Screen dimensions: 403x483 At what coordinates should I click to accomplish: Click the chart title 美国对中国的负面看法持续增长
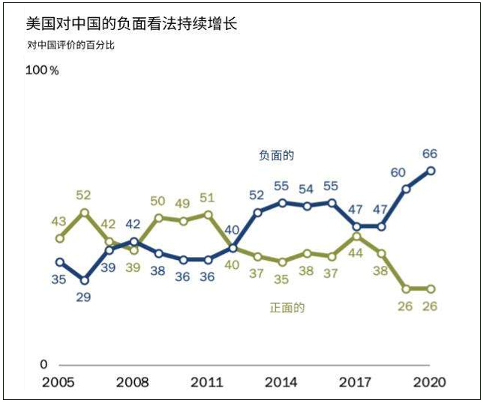[131, 24]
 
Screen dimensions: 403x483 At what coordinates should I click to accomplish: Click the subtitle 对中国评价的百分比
[71, 45]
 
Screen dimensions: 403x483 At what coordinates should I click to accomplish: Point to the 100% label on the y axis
[42, 70]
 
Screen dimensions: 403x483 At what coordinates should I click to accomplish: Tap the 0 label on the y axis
[43, 365]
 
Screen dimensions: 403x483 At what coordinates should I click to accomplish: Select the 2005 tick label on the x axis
[59, 383]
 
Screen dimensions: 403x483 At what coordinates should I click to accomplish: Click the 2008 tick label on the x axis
[133, 383]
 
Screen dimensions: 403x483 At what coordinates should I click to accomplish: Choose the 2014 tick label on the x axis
[281, 383]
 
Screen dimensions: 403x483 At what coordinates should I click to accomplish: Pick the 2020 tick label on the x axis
[430, 383]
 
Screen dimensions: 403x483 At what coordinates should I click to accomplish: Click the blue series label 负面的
[276, 156]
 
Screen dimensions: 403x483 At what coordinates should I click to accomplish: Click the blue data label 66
[430, 154]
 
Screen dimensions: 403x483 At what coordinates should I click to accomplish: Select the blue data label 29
[84, 297]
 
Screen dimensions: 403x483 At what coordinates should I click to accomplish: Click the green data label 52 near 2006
[84, 196]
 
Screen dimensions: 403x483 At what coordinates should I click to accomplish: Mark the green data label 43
[59, 222]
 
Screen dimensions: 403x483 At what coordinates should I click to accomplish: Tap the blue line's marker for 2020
[430, 171]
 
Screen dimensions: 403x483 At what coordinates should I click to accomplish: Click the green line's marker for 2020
[430, 288]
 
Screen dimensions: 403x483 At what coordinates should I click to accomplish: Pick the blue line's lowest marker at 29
[85, 280]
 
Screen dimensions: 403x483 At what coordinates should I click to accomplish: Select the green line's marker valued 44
[356, 236]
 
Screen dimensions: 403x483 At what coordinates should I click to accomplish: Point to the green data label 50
[157, 201]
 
